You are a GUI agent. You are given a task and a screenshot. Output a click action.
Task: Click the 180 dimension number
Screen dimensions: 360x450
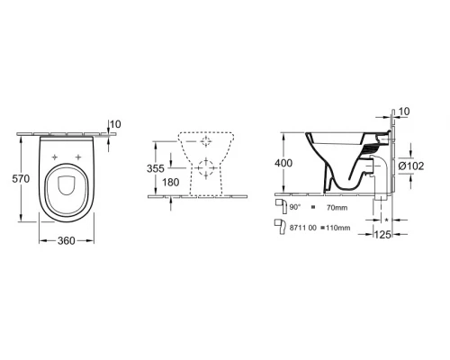(158, 184)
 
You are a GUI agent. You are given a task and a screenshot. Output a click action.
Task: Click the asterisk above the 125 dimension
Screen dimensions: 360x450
(387, 220)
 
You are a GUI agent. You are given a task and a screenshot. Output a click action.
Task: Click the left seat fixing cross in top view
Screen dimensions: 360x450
(58, 157)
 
